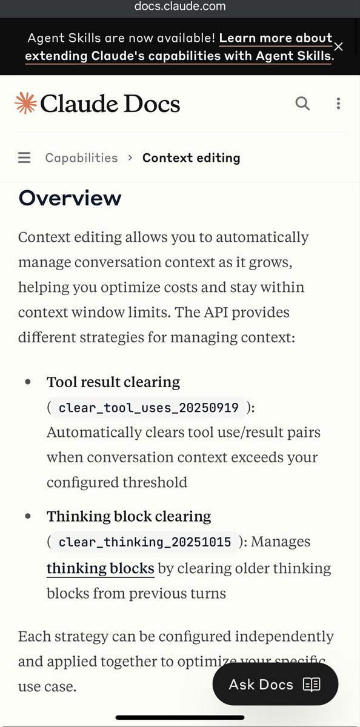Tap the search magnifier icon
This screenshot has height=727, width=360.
302,103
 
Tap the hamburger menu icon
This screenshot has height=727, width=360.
24,158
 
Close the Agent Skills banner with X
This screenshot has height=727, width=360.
338,47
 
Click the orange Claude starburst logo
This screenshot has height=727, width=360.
25,104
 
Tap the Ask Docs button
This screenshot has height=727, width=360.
275,685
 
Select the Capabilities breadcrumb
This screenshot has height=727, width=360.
81,158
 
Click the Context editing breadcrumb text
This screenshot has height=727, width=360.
191,158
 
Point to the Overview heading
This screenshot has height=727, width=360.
70,198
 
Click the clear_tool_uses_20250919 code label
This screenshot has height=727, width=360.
148,408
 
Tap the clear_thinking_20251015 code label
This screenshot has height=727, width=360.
144,542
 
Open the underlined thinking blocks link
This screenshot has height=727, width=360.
100,568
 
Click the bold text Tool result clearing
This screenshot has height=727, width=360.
113,382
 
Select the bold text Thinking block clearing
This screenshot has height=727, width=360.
128,516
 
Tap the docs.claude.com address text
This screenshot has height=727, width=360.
180,7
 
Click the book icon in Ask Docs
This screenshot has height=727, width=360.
312,685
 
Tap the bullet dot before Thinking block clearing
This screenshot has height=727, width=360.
28,516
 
